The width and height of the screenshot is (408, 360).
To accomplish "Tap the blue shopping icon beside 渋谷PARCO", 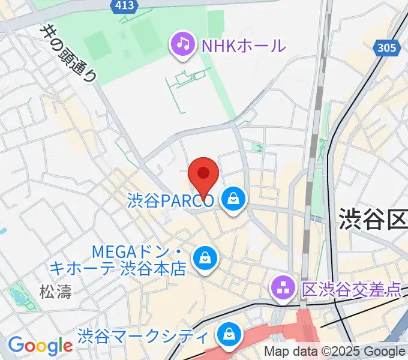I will tap(233, 200).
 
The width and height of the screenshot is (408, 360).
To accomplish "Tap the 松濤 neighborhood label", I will tap(55, 292).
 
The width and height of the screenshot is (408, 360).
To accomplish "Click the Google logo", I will tap(40, 346).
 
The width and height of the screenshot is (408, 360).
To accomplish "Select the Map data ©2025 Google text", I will tap(335, 352).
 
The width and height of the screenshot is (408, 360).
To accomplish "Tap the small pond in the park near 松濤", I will tap(17, 296).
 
